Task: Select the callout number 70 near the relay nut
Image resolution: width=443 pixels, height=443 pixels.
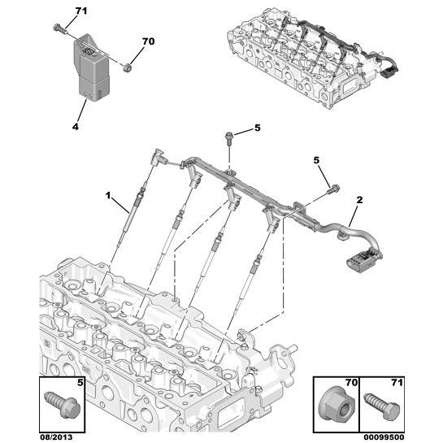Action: [x=147, y=41]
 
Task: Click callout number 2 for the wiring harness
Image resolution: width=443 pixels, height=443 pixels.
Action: [x=360, y=199]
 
